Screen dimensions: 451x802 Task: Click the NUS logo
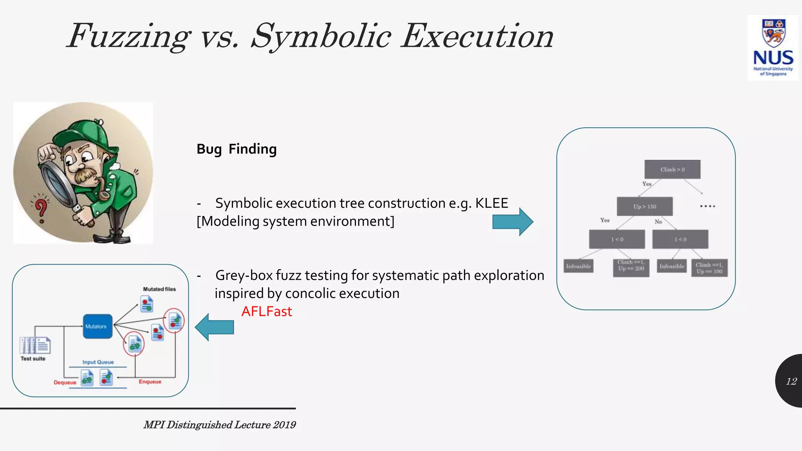773,48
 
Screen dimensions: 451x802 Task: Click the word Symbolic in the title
321,36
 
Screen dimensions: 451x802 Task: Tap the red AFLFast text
267,312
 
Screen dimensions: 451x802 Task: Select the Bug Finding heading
237,149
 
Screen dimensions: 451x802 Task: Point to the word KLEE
491,203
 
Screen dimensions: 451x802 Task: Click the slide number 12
791,381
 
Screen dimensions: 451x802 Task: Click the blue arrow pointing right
513,222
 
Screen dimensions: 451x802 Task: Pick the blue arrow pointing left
214,327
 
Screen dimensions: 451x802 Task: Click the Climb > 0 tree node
672,170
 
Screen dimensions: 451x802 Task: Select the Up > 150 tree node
645,206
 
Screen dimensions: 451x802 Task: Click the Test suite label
33,359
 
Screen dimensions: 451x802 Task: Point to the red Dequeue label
65,382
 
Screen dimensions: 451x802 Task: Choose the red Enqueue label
150,382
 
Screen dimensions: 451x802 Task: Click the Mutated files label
159,289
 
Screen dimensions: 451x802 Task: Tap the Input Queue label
98,362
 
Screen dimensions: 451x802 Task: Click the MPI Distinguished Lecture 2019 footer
220,425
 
